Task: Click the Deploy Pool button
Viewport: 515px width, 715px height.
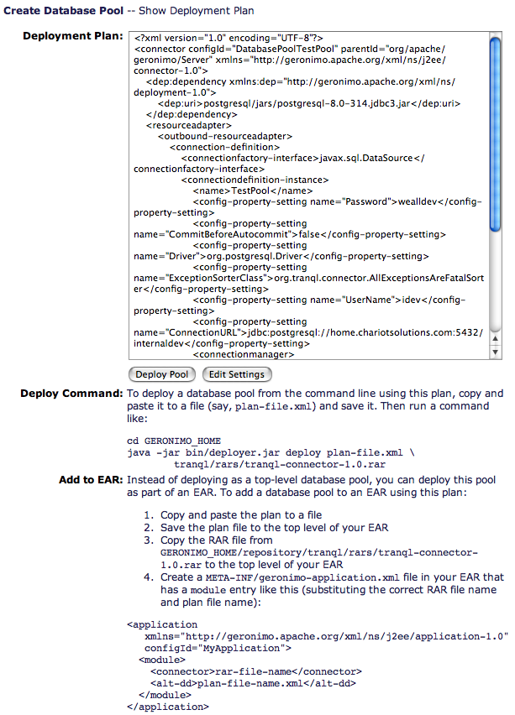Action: (x=161, y=374)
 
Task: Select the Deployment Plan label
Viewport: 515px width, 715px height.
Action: (x=71, y=37)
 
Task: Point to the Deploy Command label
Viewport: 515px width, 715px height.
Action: (x=71, y=393)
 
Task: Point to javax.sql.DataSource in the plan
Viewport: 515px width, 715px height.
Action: (x=366, y=158)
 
